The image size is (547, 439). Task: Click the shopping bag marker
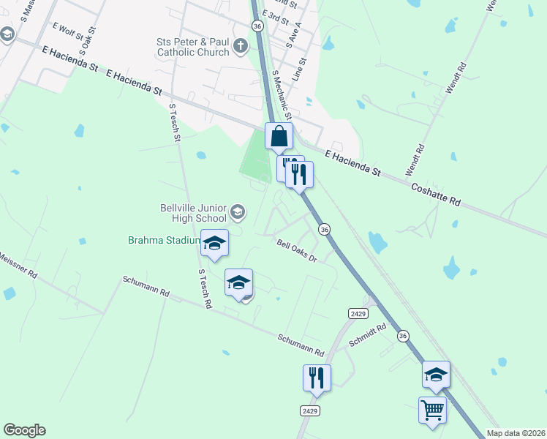[279, 137]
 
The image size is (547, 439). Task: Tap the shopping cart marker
[432, 410]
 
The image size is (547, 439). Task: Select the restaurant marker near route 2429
[317, 378]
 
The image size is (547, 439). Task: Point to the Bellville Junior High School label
[194, 213]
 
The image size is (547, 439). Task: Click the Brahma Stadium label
[164, 240]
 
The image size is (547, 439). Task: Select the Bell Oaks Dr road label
[296, 252]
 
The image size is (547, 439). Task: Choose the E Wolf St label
[68, 31]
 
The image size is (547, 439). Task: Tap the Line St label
[300, 70]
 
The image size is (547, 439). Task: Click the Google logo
[24, 430]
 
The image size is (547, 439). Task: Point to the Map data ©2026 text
[516, 433]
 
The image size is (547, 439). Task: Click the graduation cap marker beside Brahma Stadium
[214, 243]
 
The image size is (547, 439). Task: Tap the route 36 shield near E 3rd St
[257, 26]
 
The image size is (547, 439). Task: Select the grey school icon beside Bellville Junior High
[237, 213]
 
